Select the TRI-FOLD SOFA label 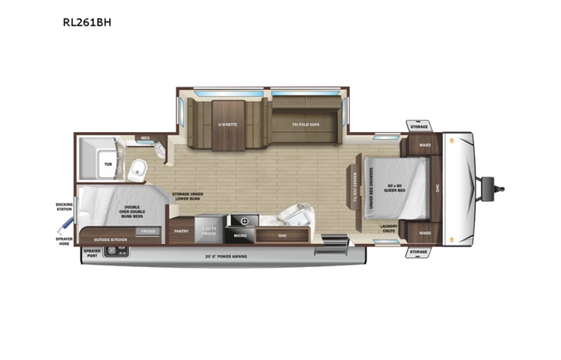(x=305, y=124)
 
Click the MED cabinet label (x=145, y=139)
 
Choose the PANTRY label (x=181, y=230)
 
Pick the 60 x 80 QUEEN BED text (x=394, y=188)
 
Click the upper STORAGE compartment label (x=418, y=125)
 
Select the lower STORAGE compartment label (x=417, y=251)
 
